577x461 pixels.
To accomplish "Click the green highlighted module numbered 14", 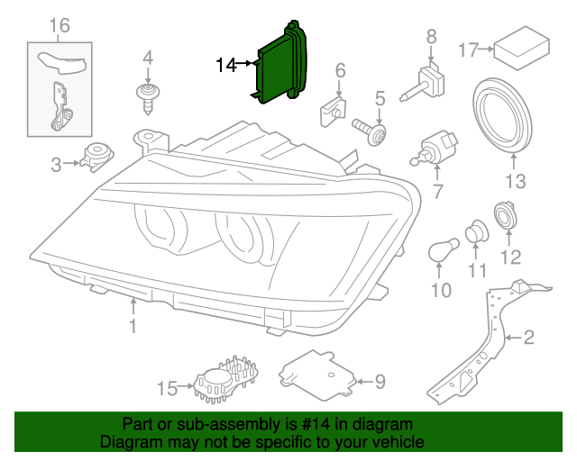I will (x=282, y=64).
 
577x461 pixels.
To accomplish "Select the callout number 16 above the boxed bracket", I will (x=59, y=24).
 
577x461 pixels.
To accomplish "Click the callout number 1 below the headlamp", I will (x=133, y=326).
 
